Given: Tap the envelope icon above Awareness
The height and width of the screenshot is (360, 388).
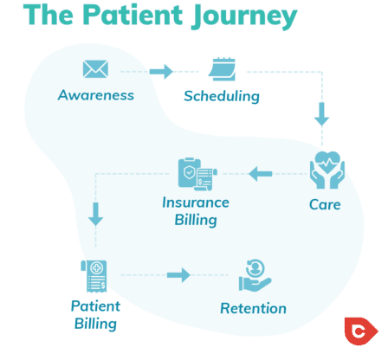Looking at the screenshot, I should coord(95,69).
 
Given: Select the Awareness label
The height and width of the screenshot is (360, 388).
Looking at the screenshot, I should coord(95,94).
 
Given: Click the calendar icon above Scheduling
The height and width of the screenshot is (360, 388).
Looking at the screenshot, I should coord(223,69).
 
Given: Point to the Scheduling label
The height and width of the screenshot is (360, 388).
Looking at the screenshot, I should coord(222,96).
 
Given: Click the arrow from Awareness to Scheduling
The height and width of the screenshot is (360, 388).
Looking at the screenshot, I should coord(161,71).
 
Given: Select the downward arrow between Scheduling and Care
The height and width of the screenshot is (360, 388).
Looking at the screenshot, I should coord(322,113).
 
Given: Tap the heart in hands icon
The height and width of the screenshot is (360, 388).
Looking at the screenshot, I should coord(326,170).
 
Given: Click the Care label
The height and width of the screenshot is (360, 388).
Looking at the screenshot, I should coord(325,205).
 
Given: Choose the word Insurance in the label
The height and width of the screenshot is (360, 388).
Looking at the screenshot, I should coord(196,202).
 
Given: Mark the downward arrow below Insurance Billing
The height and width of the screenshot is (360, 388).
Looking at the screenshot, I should coord(96,213).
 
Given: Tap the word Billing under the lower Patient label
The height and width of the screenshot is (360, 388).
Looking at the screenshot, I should coord(94,325).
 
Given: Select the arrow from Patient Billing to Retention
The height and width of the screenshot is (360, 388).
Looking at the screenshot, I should coord(178,275).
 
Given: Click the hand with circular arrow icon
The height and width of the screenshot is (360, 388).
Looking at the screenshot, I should coord(253,276).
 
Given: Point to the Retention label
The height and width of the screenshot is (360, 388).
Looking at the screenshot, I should coord(253,309).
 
